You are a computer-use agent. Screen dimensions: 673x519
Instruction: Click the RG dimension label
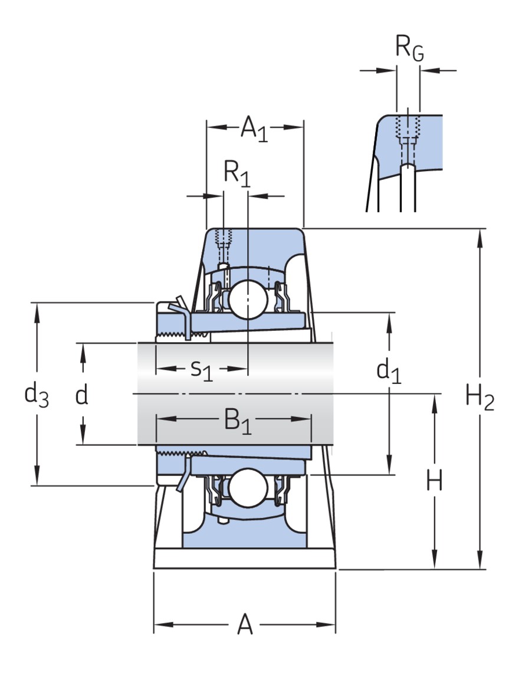coord(409,48)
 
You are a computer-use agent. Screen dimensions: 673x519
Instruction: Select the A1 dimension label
coord(254,128)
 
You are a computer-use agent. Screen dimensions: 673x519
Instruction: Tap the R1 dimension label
coord(236,174)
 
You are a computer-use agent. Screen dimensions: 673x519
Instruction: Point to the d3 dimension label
coord(36,395)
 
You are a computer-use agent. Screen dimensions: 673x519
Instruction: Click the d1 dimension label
coord(389,371)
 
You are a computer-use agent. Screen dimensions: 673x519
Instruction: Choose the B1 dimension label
coord(237,421)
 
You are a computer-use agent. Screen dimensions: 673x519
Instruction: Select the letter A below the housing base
coord(245,625)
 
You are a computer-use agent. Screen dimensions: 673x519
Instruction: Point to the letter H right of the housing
coord(435,482)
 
